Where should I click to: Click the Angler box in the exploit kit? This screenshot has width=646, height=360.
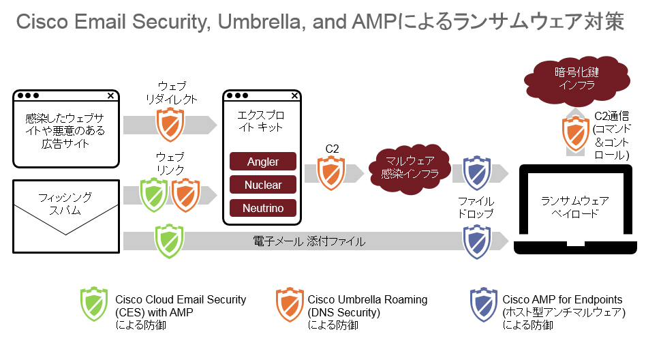[263, 162]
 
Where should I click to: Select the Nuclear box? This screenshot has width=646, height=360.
[263, 185]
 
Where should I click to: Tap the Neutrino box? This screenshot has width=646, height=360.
[263, 208]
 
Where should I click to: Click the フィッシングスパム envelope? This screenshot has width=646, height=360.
[66, 205]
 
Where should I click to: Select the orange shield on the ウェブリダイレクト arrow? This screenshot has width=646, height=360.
[169, 124]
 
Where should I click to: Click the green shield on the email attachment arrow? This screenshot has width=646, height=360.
[168, 240]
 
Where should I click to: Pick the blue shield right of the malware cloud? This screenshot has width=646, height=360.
[476, 173]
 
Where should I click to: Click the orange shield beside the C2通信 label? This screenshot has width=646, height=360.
[575, 134]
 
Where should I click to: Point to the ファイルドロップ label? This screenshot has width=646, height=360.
[476, 208]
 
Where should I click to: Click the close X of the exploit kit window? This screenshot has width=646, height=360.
[294, 95]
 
